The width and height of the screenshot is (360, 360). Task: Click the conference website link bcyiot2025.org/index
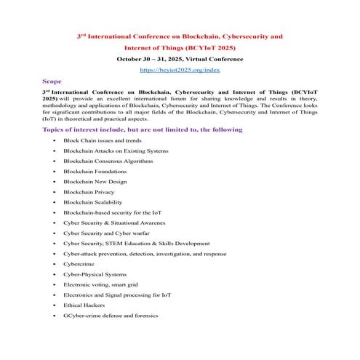click(x=180, y=70)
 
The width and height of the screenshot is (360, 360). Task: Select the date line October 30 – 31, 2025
click(x=180, y=58)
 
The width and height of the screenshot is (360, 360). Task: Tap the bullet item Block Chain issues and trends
click(x=102, y=140)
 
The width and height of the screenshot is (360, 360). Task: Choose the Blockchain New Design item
click(x=95, y=181)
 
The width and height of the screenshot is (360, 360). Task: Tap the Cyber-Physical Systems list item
click(x=95, y=274)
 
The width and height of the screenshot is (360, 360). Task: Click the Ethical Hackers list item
click(x=84, y=305)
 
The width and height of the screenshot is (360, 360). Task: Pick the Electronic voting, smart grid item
click(x=100, y=284)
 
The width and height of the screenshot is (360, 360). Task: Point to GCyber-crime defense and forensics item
click(x=111, y=316)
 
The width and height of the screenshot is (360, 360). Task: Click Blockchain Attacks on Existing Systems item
click(x=116, y=150)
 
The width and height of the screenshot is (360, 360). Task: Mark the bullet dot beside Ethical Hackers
click(x=55, y=305)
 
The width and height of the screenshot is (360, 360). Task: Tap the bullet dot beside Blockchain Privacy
click(x=55, y=191)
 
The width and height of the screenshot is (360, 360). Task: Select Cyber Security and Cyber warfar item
click(x=105, y=233)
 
